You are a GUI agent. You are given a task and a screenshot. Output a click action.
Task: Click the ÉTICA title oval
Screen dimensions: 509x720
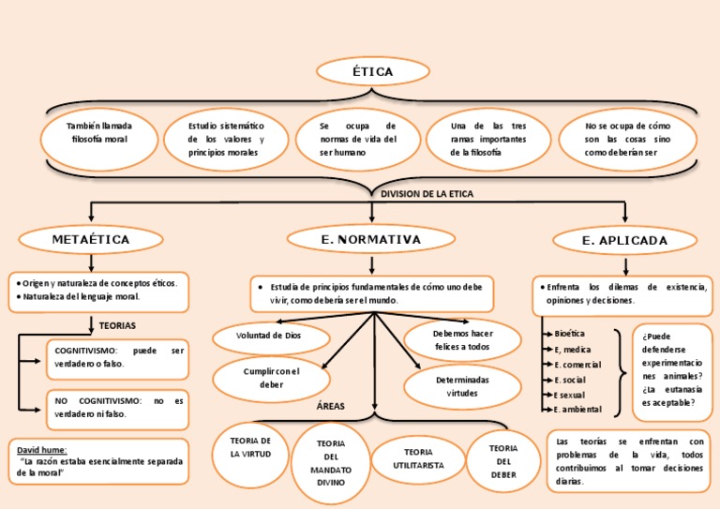point(372,71)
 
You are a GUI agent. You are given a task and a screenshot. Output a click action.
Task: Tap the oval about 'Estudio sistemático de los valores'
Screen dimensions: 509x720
point(226,139)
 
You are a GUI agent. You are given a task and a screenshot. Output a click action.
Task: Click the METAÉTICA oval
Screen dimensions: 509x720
point(91,240)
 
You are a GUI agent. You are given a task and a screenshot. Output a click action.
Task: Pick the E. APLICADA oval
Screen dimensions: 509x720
point(624,241)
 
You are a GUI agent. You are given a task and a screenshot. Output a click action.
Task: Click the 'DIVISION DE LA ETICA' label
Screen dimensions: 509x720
point(427,194)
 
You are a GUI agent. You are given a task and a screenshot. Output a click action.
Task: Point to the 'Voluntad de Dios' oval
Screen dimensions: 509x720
point(271,335)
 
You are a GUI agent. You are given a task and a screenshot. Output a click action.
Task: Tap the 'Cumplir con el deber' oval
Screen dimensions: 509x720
point(271,378)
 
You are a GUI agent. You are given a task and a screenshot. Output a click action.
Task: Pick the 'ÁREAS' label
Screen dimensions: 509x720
point(331,406)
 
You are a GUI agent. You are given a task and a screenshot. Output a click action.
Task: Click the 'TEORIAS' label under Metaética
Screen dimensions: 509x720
point(117,325)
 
